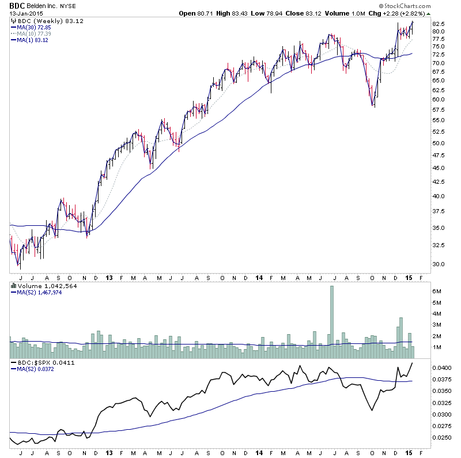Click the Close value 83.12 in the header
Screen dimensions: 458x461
tap(323, 13)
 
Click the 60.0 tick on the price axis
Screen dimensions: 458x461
tap(439, 99)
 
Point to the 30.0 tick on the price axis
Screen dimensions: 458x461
tap(439, 264)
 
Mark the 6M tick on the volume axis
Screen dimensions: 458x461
tap(437, 292)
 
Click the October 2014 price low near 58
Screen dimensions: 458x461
tap(374, 107)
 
